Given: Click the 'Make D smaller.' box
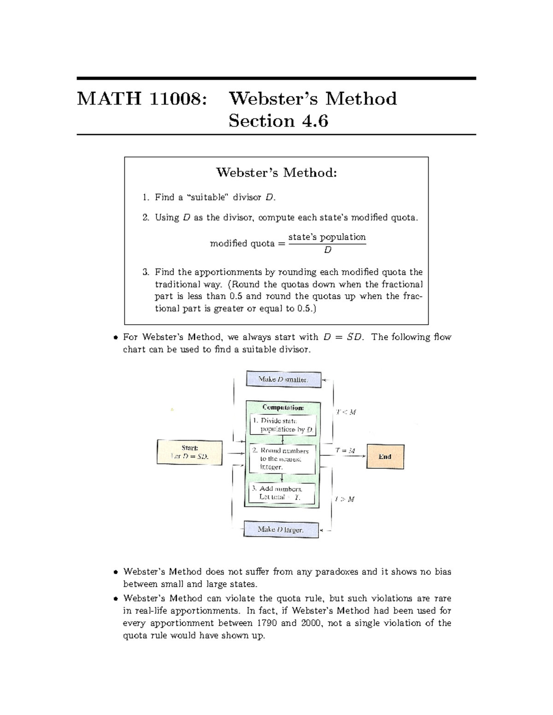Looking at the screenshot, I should [x=283, y=379].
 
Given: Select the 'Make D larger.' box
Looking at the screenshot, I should [x=281, y=529].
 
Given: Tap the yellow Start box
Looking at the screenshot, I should [x=189, y=452].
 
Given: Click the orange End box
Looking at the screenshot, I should [x=385, y=456].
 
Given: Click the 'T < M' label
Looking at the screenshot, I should [x=346, y=412].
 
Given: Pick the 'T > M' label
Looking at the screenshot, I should [x=345, y=499].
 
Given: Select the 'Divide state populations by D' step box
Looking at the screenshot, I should [x=282, y=425].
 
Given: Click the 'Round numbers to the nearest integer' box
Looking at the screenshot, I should [x=282, y=459].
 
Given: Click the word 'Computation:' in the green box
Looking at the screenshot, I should [x=283, y=407].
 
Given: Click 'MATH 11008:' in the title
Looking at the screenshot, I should [x=140, y=99].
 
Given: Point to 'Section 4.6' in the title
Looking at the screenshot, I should [x=278, y=121].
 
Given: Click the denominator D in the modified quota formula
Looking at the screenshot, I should [x=328, y=250].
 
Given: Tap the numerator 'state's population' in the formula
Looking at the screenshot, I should [x=327, y=237].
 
